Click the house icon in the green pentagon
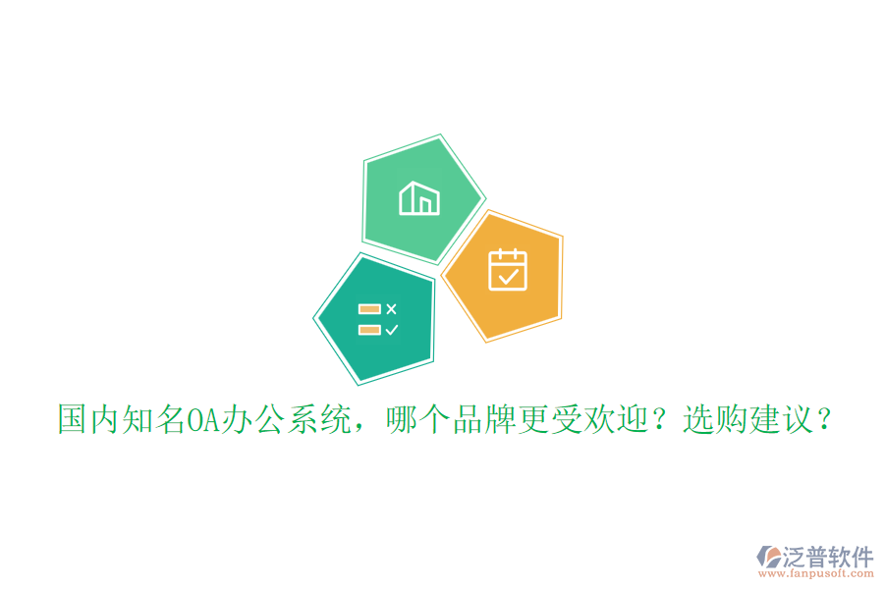tap(419, 198)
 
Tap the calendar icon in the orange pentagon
tap(508, 270)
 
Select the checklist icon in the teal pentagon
tap(378, 319)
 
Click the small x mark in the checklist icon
tap(392, 309)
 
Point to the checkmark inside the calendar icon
tap(508, 277)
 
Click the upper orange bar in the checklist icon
tap(369, 309)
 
